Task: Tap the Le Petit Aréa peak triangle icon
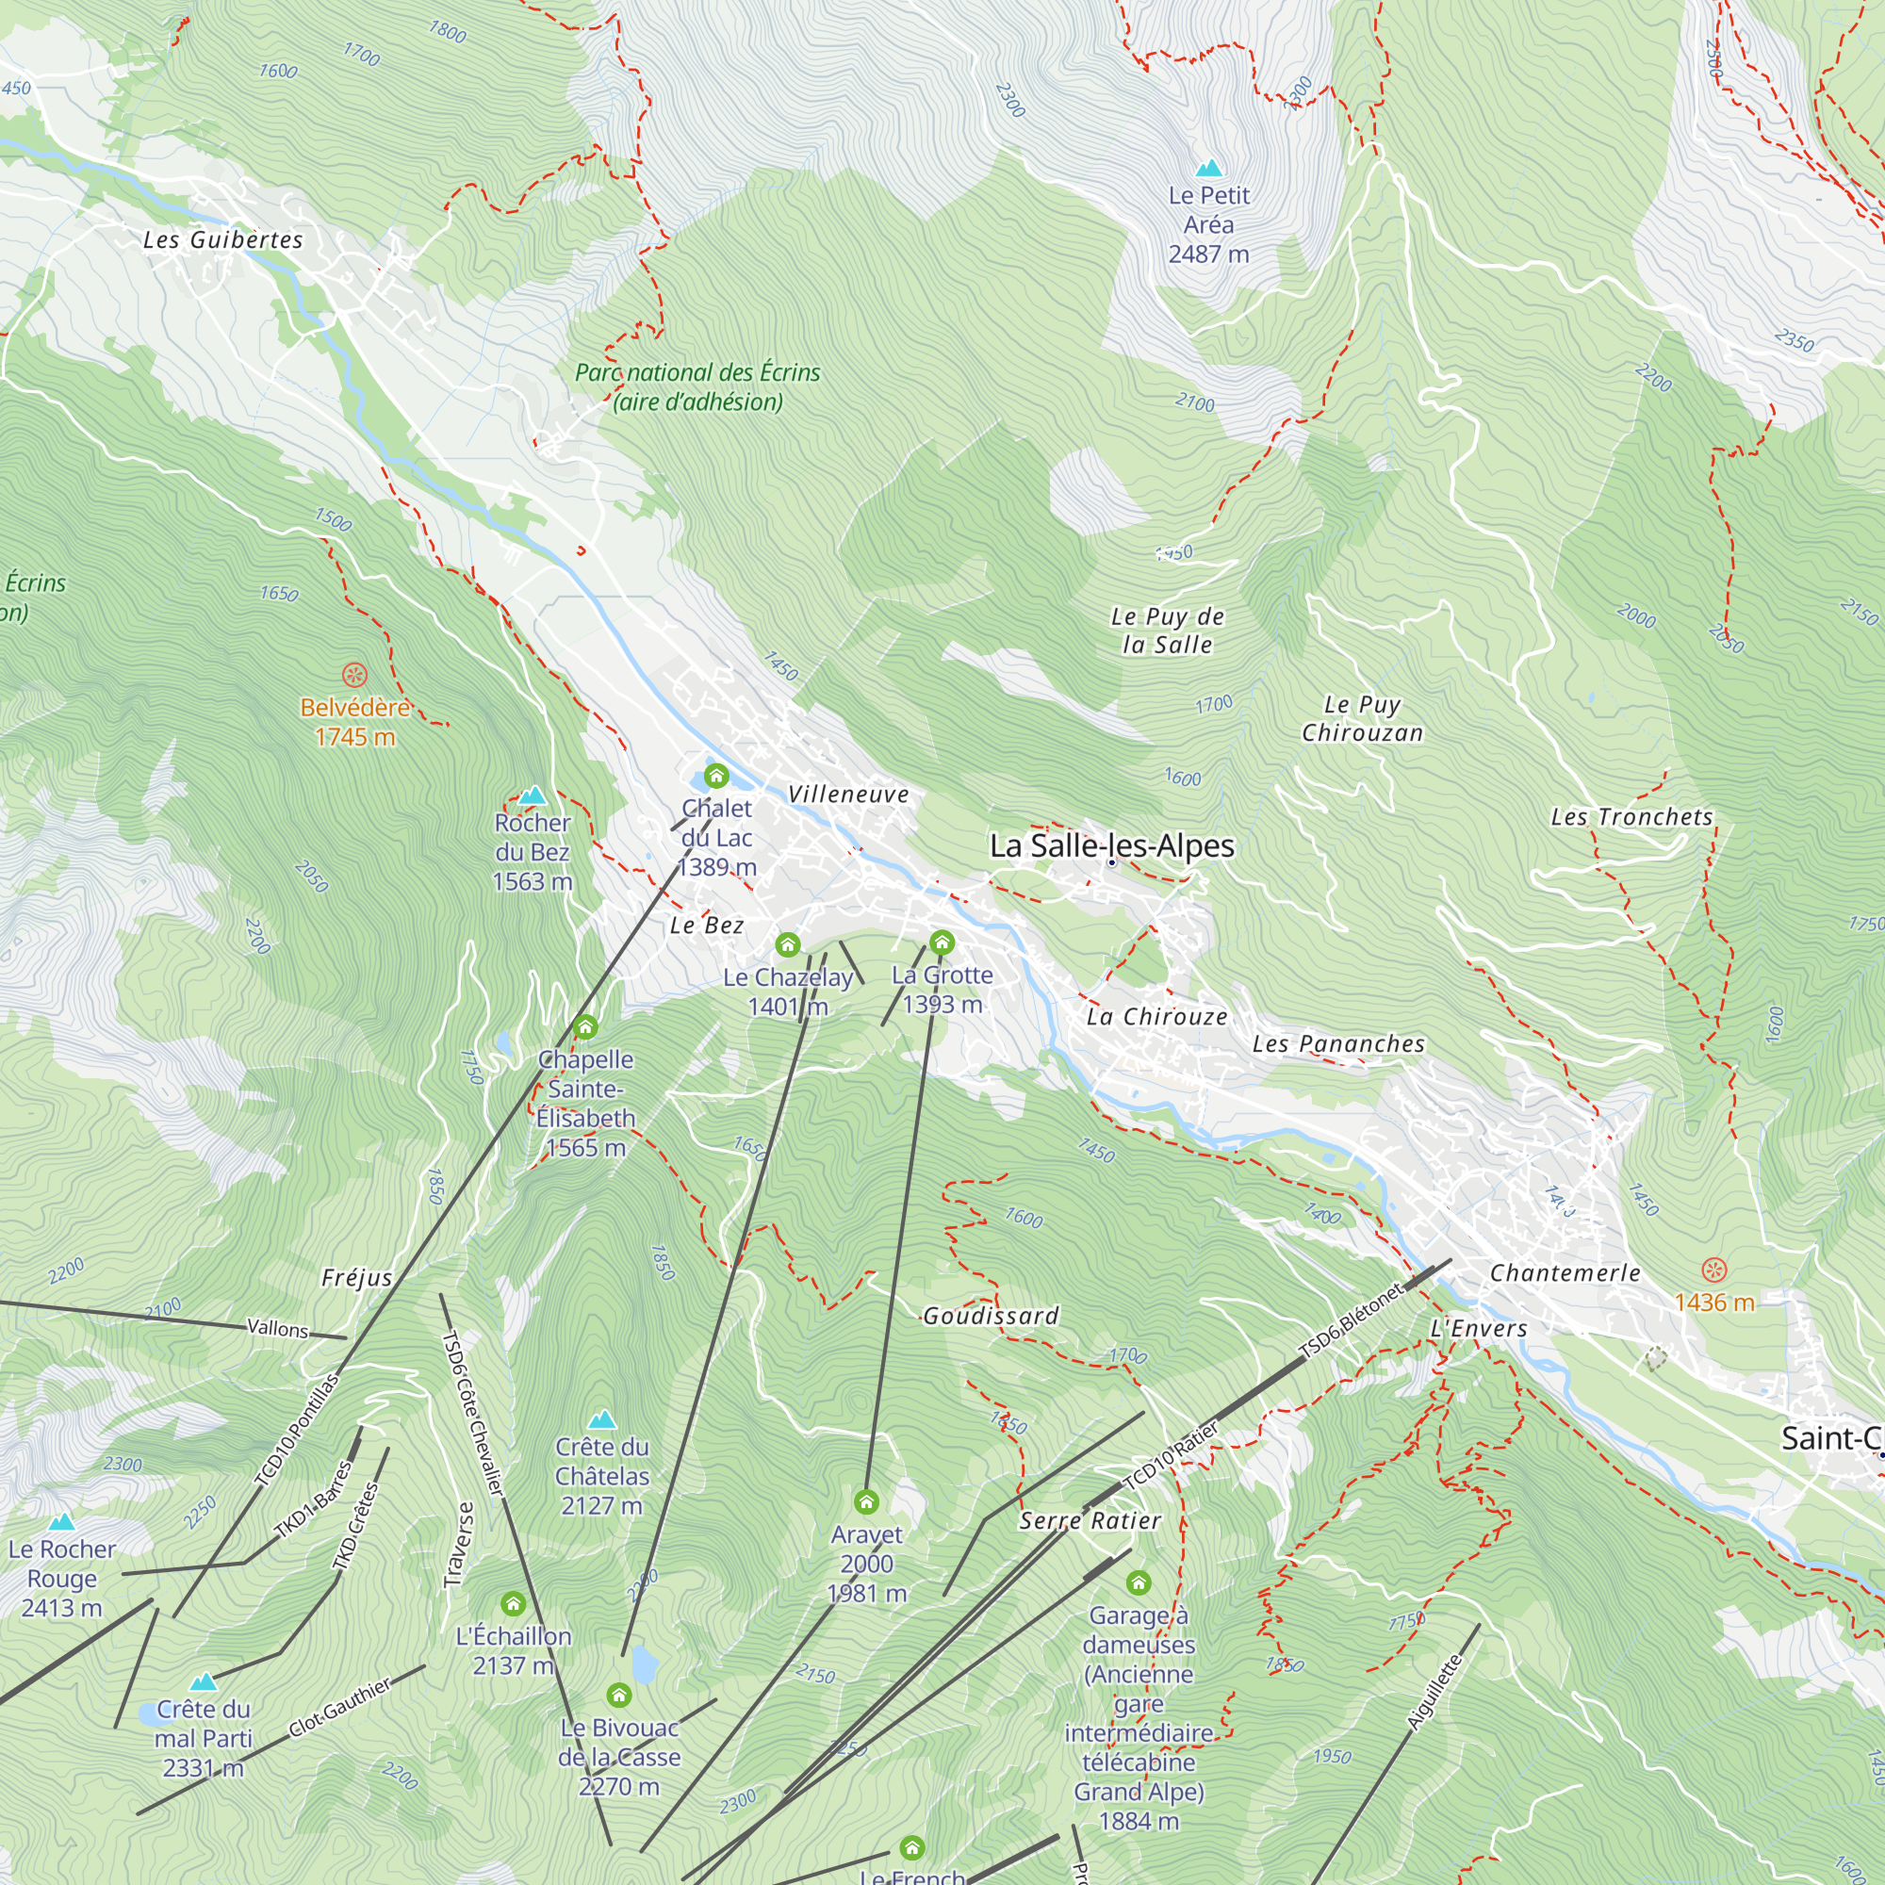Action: [x=1209, y=168]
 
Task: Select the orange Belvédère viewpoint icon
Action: [x=354, y=674]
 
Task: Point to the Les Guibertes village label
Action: [x=222, y=240]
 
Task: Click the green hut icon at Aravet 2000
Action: [x=866, y=1500]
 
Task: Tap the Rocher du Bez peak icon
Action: [x=532, y=796]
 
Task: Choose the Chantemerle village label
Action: [x=1565, y=1273]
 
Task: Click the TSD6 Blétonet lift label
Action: [x=1352, y=1320]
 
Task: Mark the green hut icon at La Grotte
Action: [x=942, y=942]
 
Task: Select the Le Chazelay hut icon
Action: [x=787, y=944]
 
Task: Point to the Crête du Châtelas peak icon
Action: [x=602, y=1418]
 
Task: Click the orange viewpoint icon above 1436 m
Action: [x=1714, y=1270]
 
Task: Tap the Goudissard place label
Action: [x=991, y=1316]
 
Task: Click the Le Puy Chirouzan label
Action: [x=1362, y=718]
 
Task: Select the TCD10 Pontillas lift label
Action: [x=297, y=1431]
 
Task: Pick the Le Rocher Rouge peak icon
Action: [x=61, y=1522]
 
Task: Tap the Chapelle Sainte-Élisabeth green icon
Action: [x=585, y=1026]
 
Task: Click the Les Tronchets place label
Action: [x=1632, y=817]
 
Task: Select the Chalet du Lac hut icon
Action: [x=716, y=777]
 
